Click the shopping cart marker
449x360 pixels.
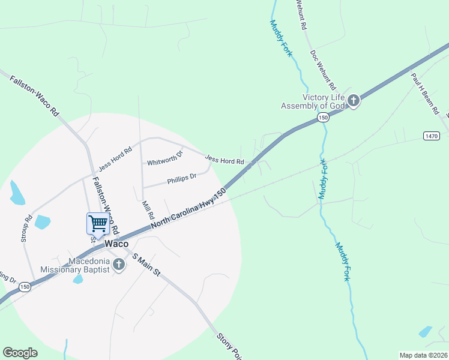click(x=98, y=223)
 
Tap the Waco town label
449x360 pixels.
click(x=116, y=244)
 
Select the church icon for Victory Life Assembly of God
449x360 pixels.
click(x=354, y=101)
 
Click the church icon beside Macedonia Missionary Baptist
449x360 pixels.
click(x=119, y=265)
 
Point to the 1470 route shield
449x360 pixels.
click(x=430, y=136)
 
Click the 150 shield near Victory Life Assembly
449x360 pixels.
click(x=323, y=118)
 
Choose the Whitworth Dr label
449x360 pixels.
click(x=164, y=158)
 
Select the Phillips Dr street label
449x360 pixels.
click(x=182, y=178)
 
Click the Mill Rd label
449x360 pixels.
click(x=148, y=210)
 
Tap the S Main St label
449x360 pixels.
click(x=146, y=265)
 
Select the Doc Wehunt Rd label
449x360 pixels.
click(x=323, y=70)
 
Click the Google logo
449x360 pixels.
click(x=20, y=353)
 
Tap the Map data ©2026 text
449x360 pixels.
click(x=423, y=355)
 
